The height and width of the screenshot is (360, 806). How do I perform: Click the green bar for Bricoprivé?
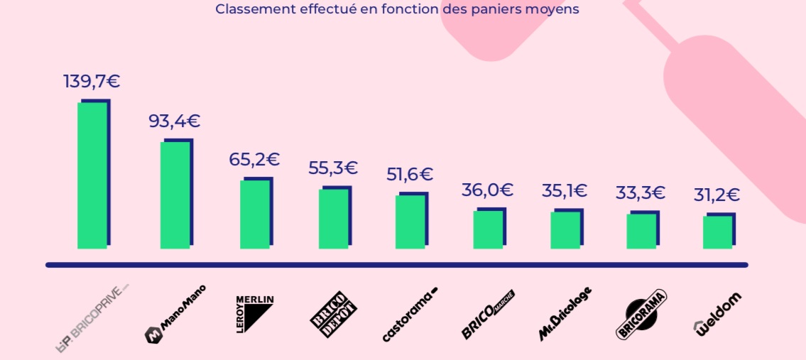(92, 175)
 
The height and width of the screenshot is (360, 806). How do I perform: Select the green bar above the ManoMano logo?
(175, 195)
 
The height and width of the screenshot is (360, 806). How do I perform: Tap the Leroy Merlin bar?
(255, 214)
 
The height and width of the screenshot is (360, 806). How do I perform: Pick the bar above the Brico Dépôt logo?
(334, 219)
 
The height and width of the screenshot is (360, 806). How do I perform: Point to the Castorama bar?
(410, 222)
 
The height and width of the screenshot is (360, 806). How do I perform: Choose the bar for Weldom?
(717, 231)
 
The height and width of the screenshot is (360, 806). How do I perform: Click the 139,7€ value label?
(92, 81)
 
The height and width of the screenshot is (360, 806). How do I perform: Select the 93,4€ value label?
(175, 121)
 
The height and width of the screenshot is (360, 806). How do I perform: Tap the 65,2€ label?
(254, 160)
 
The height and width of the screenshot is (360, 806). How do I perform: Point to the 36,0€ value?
(486, 190)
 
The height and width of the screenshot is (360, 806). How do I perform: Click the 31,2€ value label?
(717, 195)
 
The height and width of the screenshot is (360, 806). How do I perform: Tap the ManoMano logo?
(175, 314)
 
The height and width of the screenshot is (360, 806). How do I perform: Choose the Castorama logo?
(410, 313)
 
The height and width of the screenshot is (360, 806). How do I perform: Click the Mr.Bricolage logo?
(565, 313)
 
